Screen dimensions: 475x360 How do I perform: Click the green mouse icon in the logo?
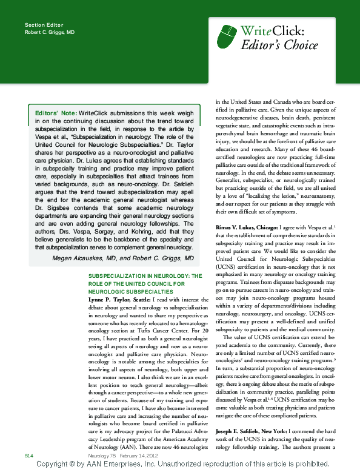[x=227, y=36]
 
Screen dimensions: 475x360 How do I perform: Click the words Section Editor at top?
[x=41, y=24]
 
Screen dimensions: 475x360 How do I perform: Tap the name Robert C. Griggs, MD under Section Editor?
[x=50, y=32]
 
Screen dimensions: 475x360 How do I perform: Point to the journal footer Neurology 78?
[x=101, y=454]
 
